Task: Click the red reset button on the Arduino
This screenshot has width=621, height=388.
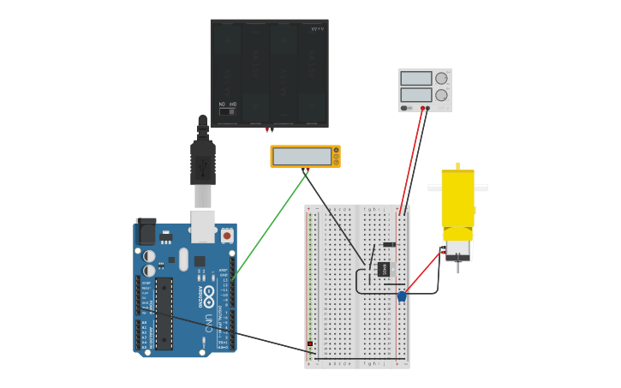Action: point(227,235)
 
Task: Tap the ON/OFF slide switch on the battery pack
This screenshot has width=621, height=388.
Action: point(227,111)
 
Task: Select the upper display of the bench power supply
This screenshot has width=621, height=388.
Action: point(416,79)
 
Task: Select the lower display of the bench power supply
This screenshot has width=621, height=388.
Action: point(416,94)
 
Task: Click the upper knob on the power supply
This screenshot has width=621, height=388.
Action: point(441,79)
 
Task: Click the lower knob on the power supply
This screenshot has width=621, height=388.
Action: point(442,95)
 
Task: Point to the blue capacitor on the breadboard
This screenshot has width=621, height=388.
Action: point(401,296)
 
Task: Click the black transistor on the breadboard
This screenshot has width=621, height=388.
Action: point(384,269)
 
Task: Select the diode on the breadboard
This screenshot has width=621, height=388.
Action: point(389,244)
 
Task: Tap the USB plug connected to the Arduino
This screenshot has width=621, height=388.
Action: point(202,163)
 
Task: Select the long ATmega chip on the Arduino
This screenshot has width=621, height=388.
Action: point(164,313)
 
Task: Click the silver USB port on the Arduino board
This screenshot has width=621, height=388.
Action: point(202,224)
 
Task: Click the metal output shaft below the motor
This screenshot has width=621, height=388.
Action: point(458,267)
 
